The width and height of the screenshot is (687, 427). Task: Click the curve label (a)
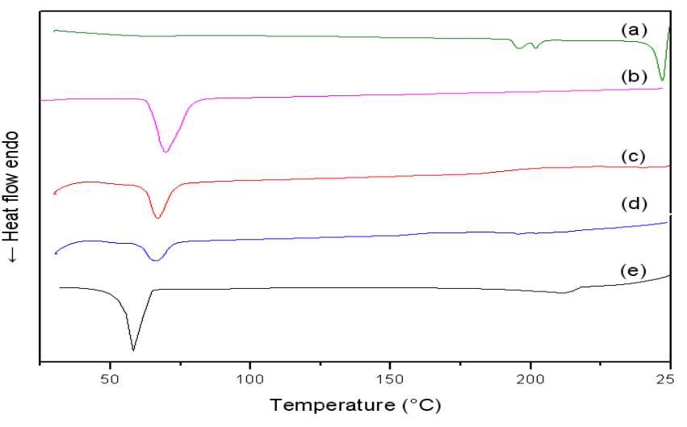pos(634,30)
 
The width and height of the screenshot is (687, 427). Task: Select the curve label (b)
pos(634,77)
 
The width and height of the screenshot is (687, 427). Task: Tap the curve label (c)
pos(634,157)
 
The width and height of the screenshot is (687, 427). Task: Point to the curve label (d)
pos(634,203)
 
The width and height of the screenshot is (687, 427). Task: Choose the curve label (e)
pos(633,271)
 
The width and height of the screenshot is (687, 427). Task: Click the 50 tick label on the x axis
pos(110,379)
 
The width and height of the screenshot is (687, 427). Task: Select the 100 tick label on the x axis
pos(249,379)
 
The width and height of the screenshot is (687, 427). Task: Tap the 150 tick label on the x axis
pos(389,379)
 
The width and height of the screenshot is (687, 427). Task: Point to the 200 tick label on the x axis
pos(530,379)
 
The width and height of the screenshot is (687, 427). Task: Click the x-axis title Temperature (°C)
pos(355,405)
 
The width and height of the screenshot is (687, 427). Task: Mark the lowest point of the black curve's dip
pos(133,351)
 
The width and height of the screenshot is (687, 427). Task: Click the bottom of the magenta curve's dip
pos(165,152)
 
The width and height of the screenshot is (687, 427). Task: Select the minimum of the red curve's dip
pos(157,218)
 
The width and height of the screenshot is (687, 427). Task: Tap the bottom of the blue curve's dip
pos(156,261)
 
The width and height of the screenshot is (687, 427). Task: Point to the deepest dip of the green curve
pos(662,81)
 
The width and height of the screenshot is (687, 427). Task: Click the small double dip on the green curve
pos(527,44)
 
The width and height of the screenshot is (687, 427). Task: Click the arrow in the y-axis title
pos(12,255)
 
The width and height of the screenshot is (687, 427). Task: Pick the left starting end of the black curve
pos(60,287)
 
